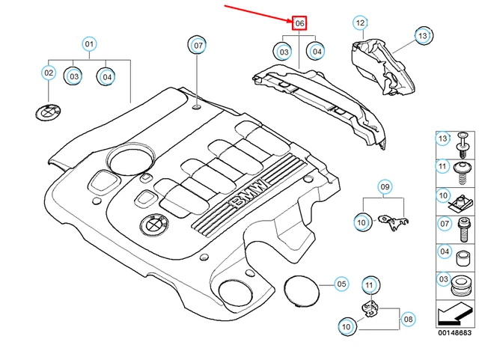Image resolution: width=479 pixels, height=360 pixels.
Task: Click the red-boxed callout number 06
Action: (x=299, y=24)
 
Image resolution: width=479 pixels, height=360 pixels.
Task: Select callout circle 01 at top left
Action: (x=89, y=45)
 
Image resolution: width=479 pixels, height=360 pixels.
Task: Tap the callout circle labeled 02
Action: (x=49, y=73)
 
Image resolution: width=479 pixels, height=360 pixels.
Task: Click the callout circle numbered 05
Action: (x=341, y=284)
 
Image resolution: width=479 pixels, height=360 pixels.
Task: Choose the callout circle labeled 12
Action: (x=360, y=23)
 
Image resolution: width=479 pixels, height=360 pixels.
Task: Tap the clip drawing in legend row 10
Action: (x=463, y=200)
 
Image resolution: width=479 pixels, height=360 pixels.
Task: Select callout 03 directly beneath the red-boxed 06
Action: (x=284, y=52)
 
